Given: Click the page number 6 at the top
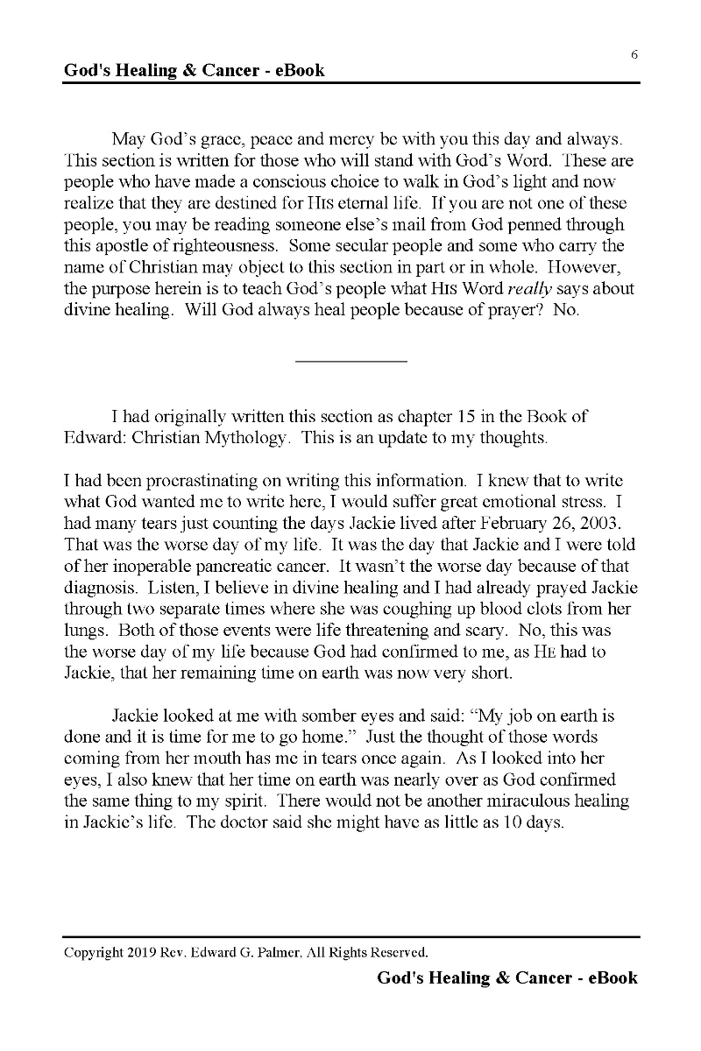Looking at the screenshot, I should (634, 54).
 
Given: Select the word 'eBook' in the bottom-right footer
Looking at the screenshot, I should (612, 977).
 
